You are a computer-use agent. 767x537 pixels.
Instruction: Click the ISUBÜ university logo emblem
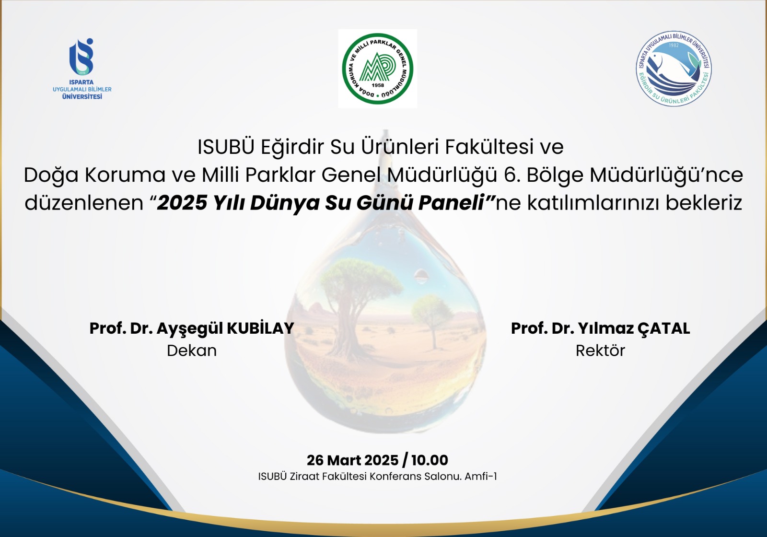[81, 57]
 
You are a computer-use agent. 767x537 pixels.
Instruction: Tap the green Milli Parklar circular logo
[378, 69]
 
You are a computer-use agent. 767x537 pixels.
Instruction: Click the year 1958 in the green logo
[378, 85]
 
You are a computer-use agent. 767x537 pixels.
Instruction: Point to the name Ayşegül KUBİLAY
[225, 328]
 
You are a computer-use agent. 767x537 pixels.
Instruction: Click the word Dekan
[192, 350]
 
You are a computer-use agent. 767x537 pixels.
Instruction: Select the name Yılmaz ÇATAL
[634, 328]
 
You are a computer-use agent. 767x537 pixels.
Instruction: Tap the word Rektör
[600, 350]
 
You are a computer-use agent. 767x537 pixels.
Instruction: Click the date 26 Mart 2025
[353, 460]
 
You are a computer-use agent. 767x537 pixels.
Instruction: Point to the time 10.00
[430, 460]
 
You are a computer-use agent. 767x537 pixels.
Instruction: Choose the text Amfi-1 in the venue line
[480, 477]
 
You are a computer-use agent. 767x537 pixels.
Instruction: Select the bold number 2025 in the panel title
[182, 202]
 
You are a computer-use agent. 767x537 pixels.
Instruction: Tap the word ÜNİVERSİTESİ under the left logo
[82, 96]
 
